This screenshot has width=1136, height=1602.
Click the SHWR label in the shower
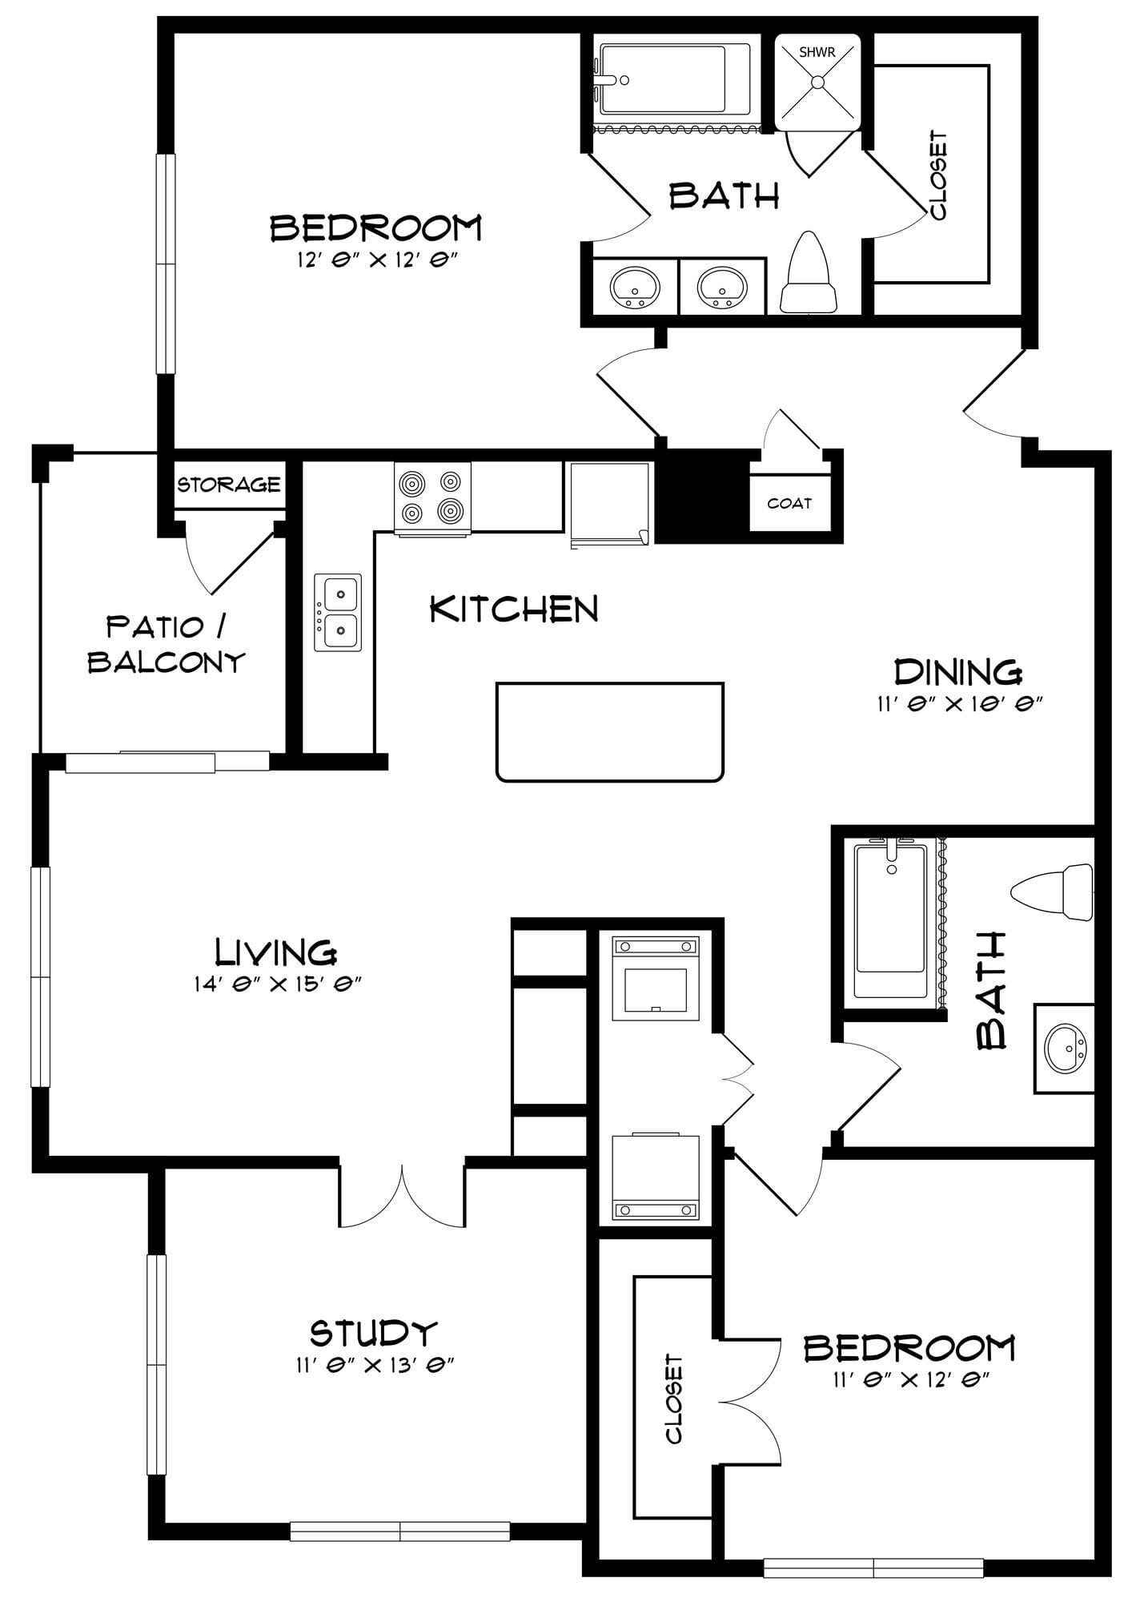coord(817,54)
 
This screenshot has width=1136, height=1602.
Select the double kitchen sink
coord(337,612)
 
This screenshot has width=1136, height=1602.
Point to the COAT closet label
coord(789,504)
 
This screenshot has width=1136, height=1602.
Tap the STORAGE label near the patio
coord(229,485)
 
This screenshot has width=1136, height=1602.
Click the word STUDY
coord(374,1333)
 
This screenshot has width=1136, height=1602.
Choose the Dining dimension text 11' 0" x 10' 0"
coord(959,704)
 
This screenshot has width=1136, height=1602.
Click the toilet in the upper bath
coord(809,272)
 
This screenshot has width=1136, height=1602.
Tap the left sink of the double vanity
coord(636,286)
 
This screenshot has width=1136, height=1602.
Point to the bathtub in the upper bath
coord(676,79)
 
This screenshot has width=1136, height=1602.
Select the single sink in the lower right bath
coord(1066,1049)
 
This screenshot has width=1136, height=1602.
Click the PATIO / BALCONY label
coord(166,644)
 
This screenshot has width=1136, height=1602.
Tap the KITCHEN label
coord(514,610)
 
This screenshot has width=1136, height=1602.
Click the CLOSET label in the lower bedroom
coord(674,1399)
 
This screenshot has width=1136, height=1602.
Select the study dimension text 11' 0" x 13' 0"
coord(375,1365)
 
